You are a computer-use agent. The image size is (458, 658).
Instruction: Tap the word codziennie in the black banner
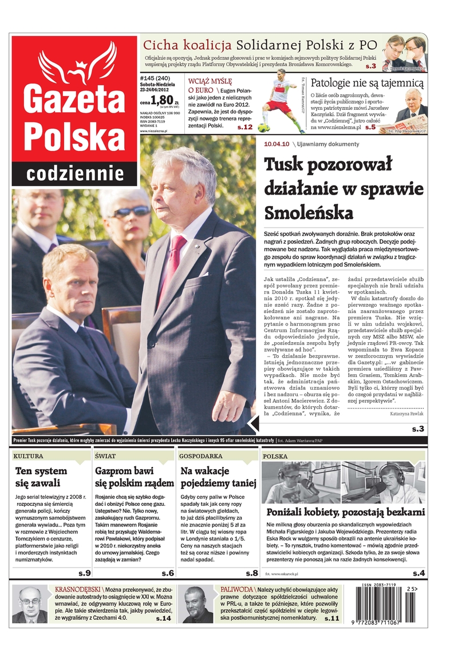[x=76, y=173]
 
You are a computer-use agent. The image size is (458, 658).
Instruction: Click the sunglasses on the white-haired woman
[x=131, y=212]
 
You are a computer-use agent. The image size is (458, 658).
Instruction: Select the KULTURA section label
[x=29, y=457]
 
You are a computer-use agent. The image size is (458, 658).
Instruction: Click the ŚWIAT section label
[x=106, y=457]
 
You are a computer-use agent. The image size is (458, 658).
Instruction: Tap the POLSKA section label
[x=275, y=457]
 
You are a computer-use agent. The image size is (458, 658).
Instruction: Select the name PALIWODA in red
[x=236, y=589]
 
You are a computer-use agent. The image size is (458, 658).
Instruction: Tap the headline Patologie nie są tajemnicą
[x=367, y=84]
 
